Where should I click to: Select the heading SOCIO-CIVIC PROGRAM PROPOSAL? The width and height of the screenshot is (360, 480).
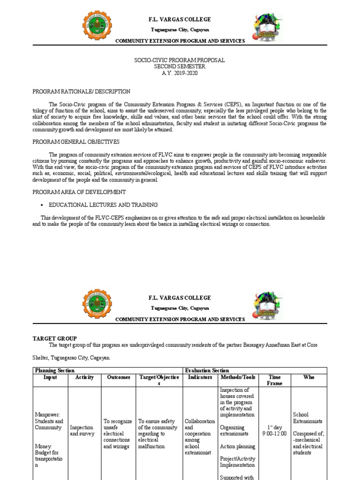click(x=180, y=60)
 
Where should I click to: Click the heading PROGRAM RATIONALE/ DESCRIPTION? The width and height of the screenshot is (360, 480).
click(x=81, y=91)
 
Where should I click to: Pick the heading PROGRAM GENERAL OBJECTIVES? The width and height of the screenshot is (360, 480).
click(x=75, y=142)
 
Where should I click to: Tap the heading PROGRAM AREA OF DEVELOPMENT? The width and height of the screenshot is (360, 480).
click(x=79, y=192)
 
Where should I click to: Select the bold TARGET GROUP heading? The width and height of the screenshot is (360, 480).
click(x=54, y=338)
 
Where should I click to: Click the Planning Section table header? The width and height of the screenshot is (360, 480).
click(x=55, y=370)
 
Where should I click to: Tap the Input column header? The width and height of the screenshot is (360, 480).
click(x=50, y=377)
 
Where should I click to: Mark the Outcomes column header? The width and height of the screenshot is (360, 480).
click(x=118, y=377)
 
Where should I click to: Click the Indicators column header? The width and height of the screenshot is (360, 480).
click(x=200, y=377)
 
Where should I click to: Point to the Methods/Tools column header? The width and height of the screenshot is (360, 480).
click(x=237, y=377)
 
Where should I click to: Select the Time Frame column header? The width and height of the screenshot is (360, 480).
click(x=274, y=380)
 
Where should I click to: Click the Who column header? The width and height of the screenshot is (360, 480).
click(x=309, y=377)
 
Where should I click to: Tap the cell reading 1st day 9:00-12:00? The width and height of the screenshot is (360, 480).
click(x=274, y=431)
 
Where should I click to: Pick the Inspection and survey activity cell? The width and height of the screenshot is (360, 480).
click(x=82, y=431)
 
